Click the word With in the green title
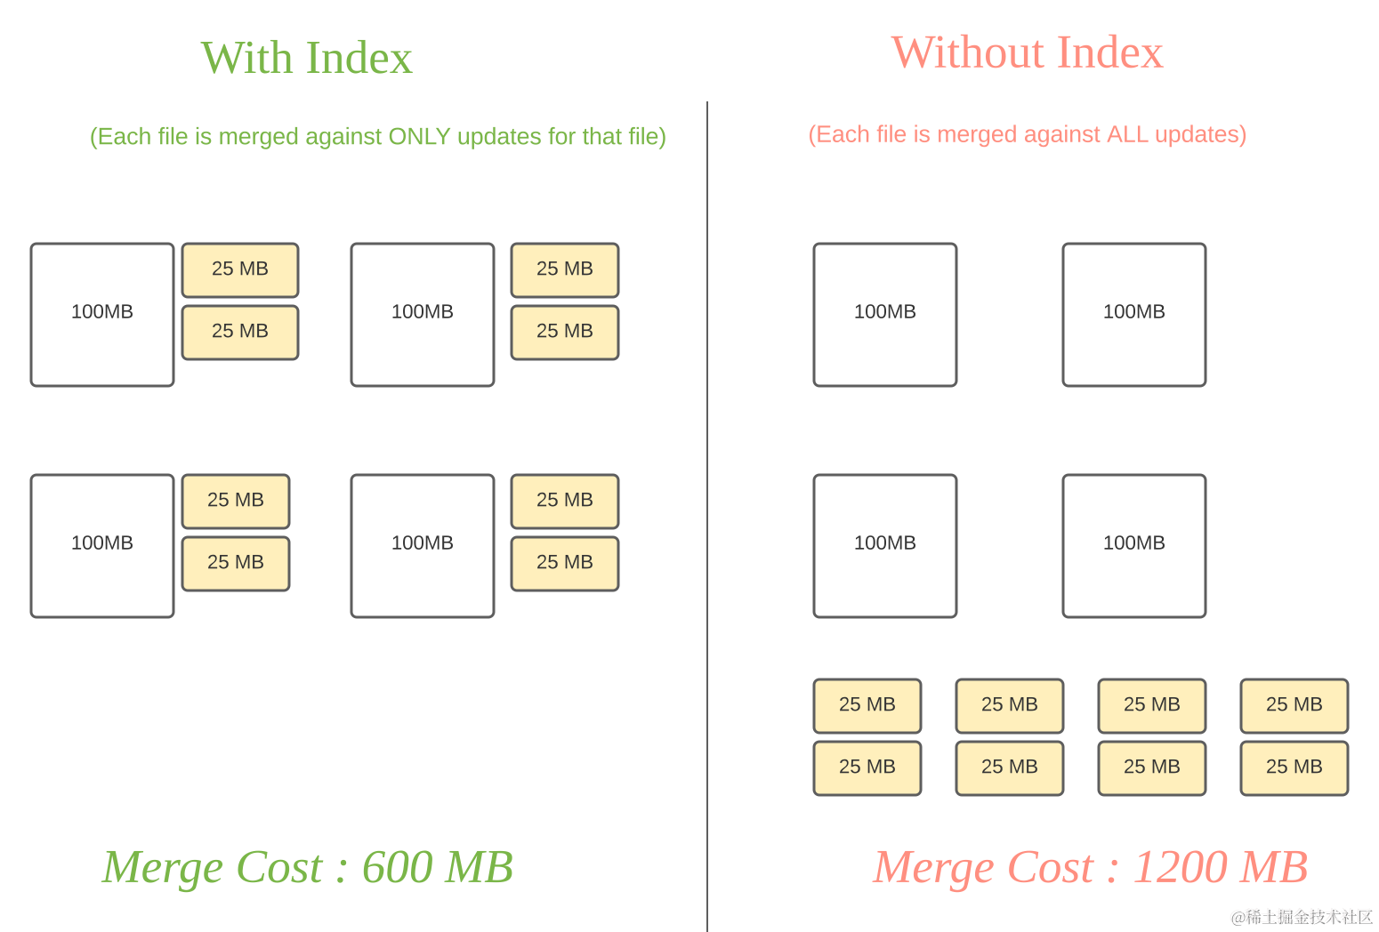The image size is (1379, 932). click(x=246, y=59)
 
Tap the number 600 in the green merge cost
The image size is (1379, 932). click(x=399, y=867)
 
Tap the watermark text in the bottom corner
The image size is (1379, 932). click(x=1300, y=915)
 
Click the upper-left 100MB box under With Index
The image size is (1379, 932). click(x=102, y=315)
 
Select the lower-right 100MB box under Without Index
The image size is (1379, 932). click(x=1134, y=546)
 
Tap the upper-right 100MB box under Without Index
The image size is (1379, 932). click(x=1134, y=315)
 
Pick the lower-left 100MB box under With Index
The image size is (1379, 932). click(x=102, y=546)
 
